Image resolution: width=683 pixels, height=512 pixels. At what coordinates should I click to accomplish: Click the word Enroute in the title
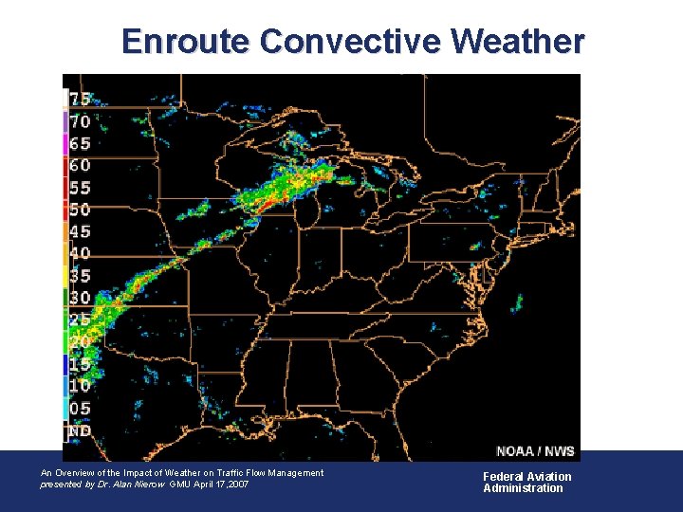point(186,42)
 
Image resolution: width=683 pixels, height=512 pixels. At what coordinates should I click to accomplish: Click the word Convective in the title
point(350,42)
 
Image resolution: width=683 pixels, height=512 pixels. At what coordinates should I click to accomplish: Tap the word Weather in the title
point(518,42)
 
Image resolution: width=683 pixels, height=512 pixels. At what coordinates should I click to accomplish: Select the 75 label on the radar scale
point(80,100)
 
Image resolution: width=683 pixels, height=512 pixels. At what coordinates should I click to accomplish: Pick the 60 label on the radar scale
point(80,166)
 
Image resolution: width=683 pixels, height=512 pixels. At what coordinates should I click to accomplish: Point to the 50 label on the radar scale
point(80,210)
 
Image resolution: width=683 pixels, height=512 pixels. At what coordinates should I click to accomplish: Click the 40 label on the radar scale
point(80,253)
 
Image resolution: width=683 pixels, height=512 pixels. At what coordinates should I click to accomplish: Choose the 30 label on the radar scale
point(80,297)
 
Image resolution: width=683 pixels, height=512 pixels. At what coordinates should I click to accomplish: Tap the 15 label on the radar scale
point(80,363)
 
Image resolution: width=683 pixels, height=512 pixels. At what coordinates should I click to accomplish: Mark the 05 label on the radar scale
point(80,409)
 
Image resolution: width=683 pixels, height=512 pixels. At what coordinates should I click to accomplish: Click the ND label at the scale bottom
point(80,431)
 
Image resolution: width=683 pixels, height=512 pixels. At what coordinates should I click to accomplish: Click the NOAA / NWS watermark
point(534,450)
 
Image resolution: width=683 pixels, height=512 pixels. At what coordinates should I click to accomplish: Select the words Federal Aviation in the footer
point(527,477)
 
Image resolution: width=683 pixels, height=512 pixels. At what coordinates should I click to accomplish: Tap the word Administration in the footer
point(523,488)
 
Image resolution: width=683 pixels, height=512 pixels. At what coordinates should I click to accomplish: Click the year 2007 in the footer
point(238,485)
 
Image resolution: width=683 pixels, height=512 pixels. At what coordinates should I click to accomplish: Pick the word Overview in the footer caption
point(79,473)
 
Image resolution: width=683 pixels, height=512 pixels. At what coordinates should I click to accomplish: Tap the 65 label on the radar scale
point(80,144)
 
